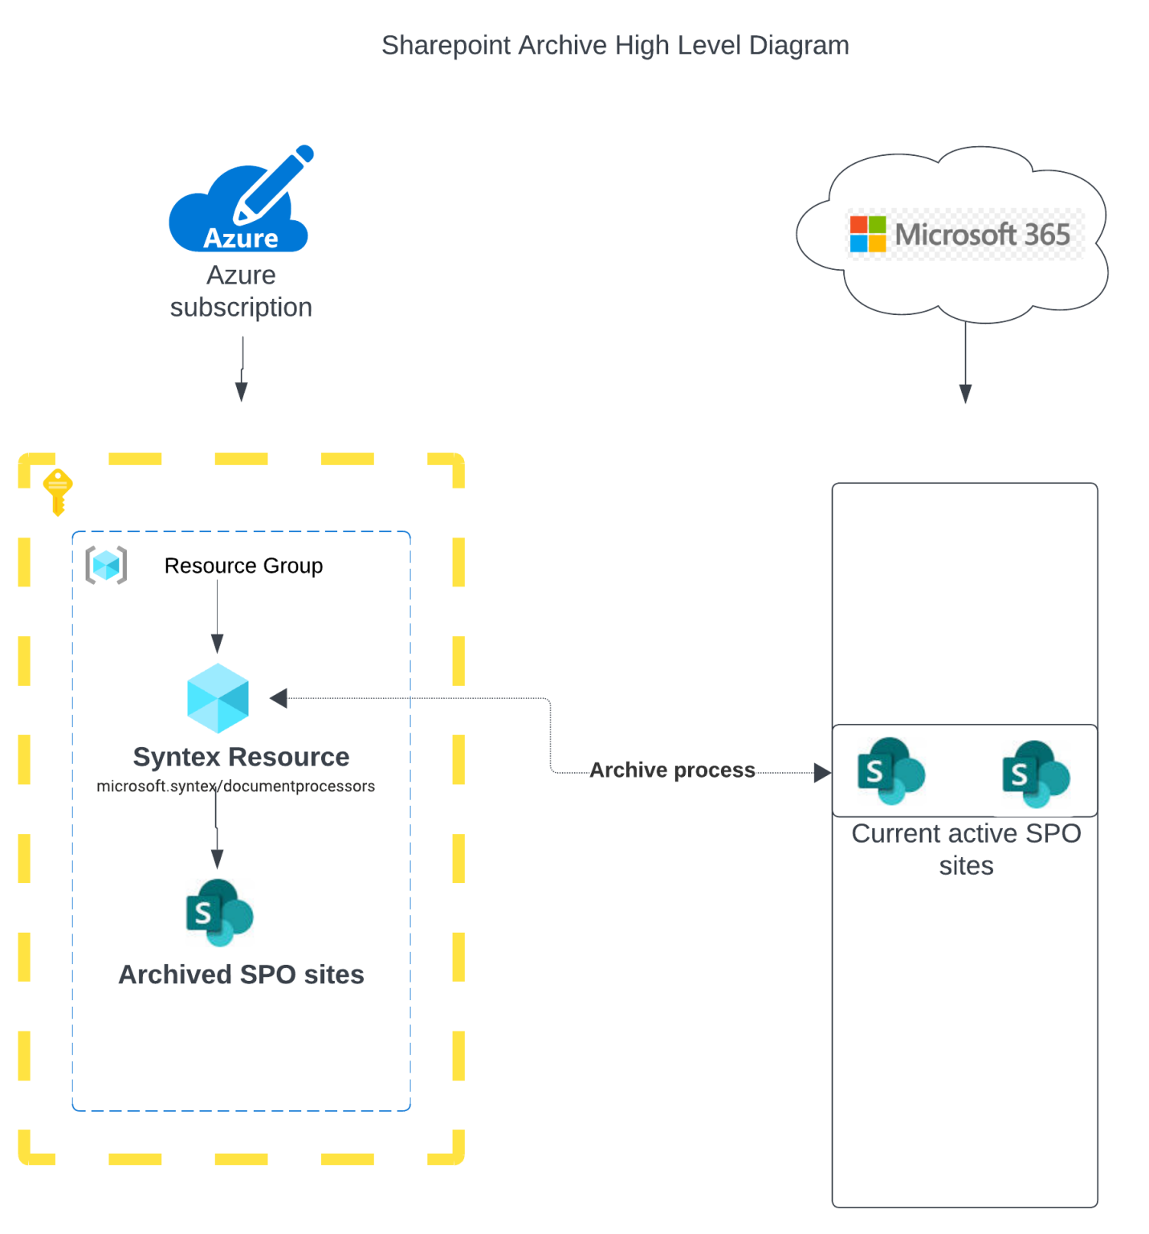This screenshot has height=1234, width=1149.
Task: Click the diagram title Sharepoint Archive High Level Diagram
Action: [614, 45]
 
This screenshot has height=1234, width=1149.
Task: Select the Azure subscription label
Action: [241, 291]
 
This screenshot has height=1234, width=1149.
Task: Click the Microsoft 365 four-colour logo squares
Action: [867, 234]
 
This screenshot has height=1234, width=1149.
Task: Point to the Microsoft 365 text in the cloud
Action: [982, 235]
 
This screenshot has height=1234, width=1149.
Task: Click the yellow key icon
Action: [58, 491]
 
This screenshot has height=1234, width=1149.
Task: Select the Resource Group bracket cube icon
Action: [106, 565]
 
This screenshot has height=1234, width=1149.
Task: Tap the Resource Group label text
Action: [243, 566]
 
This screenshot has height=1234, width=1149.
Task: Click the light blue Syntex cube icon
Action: [218, 697]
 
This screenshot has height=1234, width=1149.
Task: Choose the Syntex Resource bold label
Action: [241, 756]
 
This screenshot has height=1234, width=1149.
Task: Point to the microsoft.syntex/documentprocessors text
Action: [235, 786]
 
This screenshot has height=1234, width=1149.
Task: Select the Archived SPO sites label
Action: [241, 974]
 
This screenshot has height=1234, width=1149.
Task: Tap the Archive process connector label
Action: [672, 770]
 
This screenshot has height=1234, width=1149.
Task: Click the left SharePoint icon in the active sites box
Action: [890, 770]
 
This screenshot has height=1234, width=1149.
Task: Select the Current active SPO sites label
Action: [966, 849]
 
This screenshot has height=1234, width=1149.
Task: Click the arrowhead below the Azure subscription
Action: [241, 391]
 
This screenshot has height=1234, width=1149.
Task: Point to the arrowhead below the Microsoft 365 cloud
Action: [965, 393]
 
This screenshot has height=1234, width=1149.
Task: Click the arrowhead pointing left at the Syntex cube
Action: [279, 698]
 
